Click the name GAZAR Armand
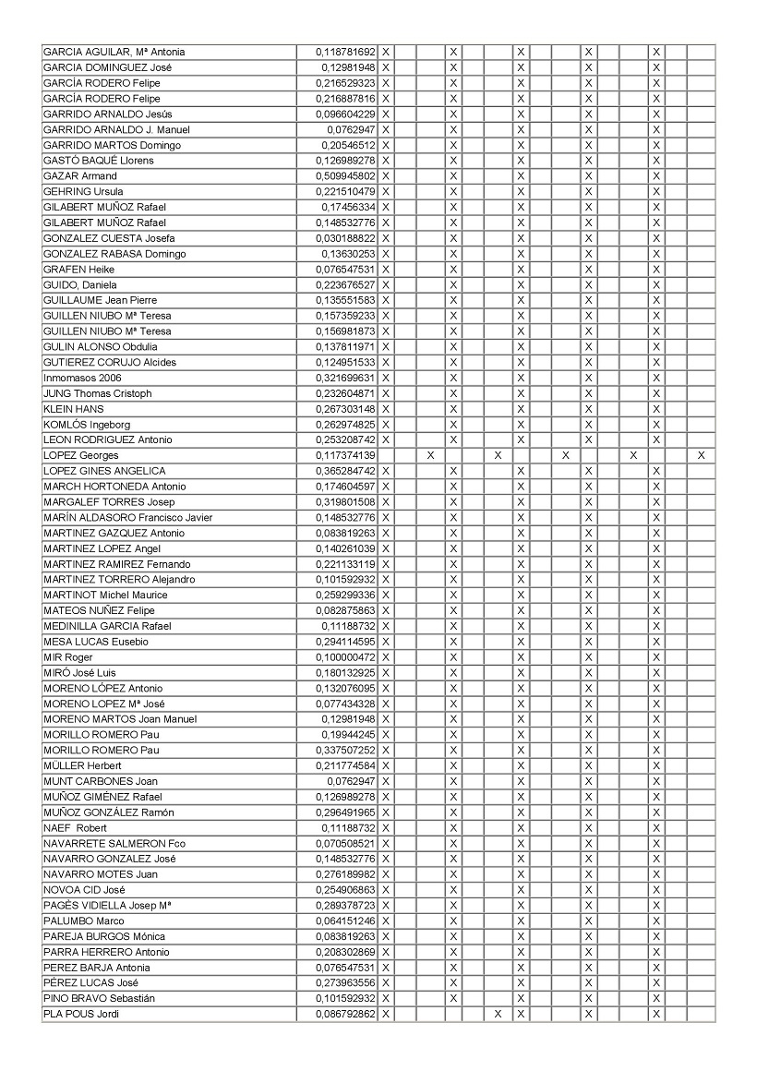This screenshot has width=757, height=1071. click(x=80, y=176)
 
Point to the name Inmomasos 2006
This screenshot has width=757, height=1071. click(x=82, y=378)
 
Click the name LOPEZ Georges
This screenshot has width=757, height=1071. click(x=81, y=456)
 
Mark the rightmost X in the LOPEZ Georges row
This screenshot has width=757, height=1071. click(x=702, y=456)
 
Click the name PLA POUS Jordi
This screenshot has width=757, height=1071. click(x=81, y=1015)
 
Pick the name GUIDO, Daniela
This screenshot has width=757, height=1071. click(x=80, y=285)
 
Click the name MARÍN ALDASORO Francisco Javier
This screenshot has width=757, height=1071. click(x=127, y=518)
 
